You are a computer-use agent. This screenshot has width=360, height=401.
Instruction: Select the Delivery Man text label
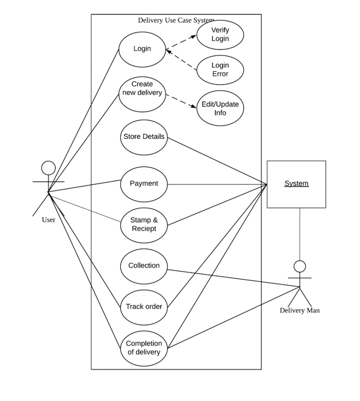(300, 311)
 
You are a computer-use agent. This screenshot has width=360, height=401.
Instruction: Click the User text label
(48, 220)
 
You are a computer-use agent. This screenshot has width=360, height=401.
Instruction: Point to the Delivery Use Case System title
(176, 20)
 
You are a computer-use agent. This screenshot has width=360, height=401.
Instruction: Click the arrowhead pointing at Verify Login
(194, 37)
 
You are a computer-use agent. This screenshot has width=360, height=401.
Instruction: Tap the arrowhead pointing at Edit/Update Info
(194, 106)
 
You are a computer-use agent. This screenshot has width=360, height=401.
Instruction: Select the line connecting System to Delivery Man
(300, 234)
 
